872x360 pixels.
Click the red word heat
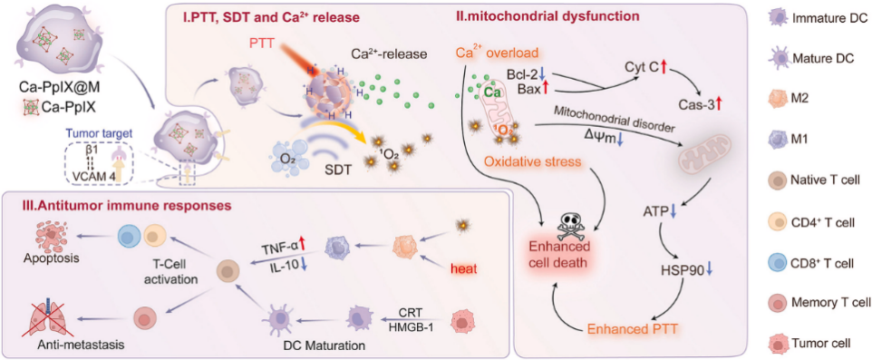(x=466, y=269)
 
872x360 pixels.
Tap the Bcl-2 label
(x=524, y=74)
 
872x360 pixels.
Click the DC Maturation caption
(x=323, y=345)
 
